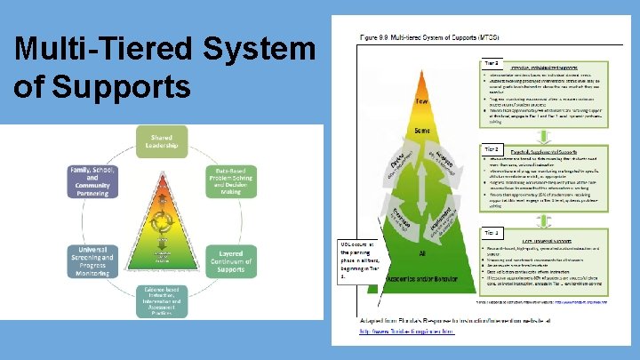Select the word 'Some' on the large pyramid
423,131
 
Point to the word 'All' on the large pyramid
423,252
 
